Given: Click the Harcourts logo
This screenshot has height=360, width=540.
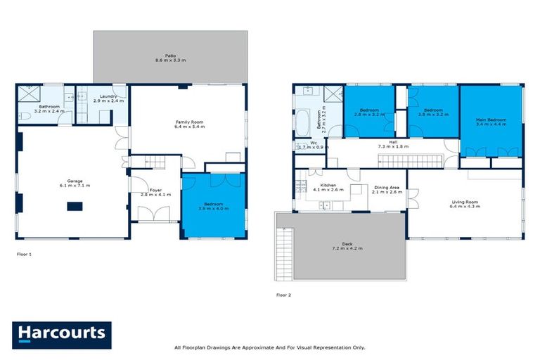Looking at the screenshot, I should click(61, 333).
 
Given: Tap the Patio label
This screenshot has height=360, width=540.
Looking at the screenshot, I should click(170, 54).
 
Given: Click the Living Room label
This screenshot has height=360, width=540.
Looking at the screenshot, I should click(465, 203).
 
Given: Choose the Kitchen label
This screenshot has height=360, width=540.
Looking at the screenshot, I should click(327, 186).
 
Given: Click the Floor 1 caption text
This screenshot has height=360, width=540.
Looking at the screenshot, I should click(25, 253).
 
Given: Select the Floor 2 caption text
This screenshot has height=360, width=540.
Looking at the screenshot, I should click(283, 295).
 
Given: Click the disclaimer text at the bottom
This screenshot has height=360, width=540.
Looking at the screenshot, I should click(269, 347).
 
